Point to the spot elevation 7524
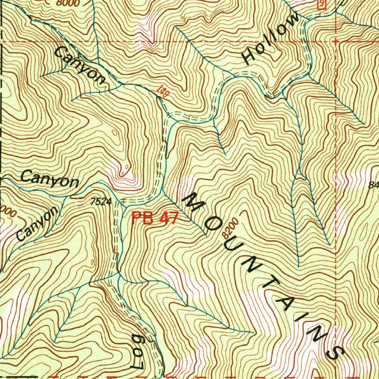tap(101, 202)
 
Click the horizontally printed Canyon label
tap(50, 179)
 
